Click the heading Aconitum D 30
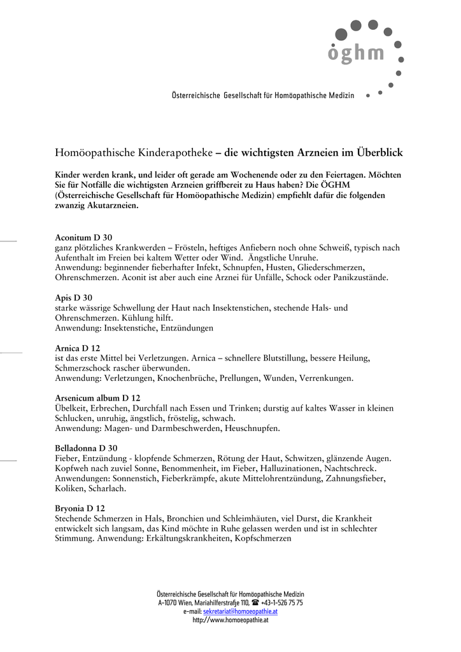83,237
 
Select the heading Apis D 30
73,297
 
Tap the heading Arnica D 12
78,348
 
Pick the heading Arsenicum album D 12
97,398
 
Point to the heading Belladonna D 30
86,448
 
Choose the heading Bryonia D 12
80,508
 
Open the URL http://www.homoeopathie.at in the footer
230,620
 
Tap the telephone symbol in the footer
255,602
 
